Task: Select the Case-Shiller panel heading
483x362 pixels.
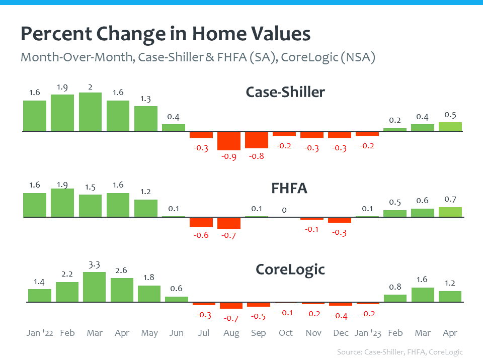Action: point(285,92)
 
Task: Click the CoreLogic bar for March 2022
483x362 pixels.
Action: point(95,287)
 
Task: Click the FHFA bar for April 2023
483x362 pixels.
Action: point(450,212)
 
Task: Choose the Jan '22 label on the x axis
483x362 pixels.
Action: point(40,333)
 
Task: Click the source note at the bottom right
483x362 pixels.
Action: point(399,352)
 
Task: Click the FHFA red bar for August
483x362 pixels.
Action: point(229,223)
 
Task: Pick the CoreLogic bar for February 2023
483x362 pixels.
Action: point(395,298)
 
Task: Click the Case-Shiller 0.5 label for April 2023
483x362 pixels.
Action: point(450,115)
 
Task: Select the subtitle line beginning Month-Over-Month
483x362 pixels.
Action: point(198,57)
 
